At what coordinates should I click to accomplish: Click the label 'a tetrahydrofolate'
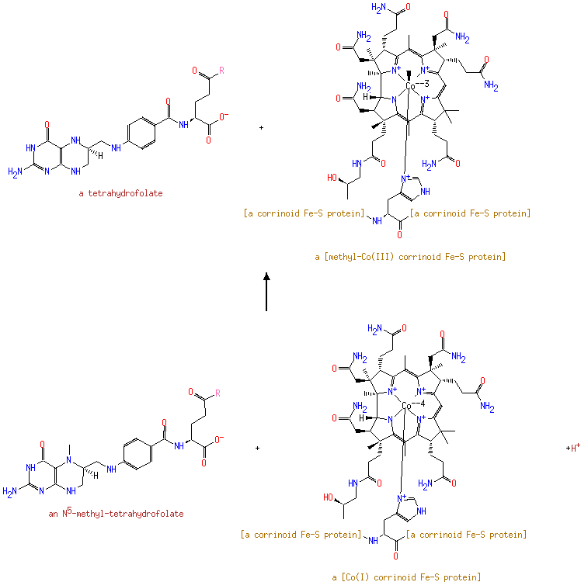(x=120, y=193)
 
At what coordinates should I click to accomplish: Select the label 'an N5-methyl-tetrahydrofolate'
(x=116, y=514)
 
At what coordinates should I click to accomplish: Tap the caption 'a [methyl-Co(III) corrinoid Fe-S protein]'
(x=410, y=257)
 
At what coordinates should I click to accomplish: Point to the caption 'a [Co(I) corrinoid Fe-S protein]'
(x=406, y=577)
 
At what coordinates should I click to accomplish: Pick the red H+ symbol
(x=573, y=448)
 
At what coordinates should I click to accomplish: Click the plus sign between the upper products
(x=262, y=127)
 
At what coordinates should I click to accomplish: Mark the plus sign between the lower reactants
(x=257, y=448)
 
